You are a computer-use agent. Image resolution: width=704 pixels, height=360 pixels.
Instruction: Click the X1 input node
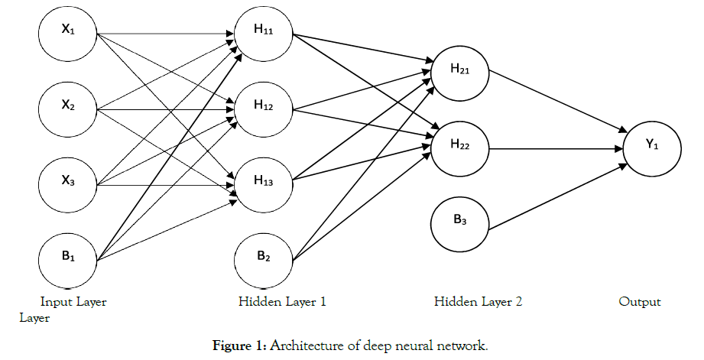coord(68,34)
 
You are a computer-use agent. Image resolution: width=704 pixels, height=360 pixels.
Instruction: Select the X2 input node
coord(68,109)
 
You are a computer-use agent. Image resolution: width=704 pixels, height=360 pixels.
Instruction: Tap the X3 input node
coord(68,184)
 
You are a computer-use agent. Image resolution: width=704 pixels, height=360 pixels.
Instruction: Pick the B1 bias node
coord(68,259)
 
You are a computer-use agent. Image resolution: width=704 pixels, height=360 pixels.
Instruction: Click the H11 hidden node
coord(264,34)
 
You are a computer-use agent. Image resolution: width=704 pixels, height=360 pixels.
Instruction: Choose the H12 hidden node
coord(264,109)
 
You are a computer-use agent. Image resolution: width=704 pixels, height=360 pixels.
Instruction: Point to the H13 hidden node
coord(264,184)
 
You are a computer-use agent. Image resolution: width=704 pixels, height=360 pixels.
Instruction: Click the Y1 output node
coord(652,147)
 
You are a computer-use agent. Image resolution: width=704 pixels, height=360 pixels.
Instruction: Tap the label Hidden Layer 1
coord(282,302)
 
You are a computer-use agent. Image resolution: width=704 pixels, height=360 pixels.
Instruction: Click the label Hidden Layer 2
coord(478,302)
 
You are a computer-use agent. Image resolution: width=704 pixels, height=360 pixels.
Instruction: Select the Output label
coord(639,302)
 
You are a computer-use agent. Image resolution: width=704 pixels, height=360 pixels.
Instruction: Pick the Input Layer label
coord(73,302)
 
